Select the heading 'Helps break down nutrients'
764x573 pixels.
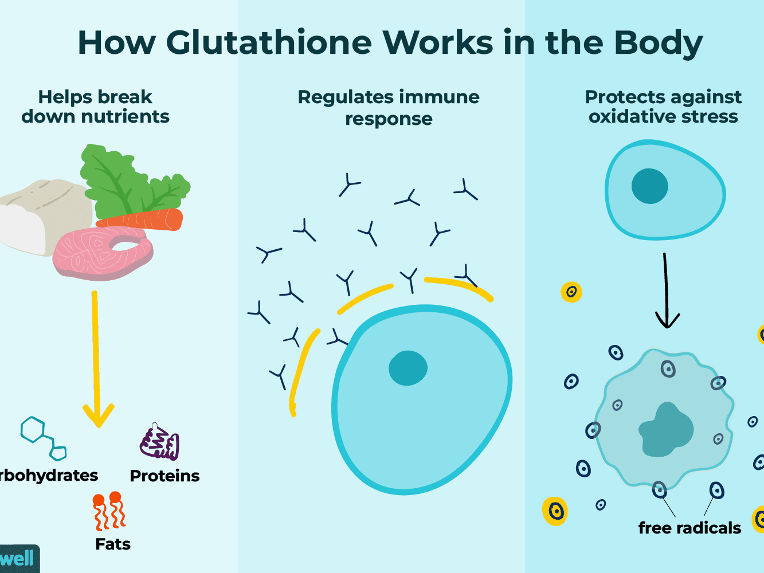pyautogui.click(x=95, y=107)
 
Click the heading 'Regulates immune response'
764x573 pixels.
pyautogui.click(x=388, y=107)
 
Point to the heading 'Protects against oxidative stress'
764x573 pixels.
pyautogui.click(x=663, y=107)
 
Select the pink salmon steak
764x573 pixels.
pyautogui.click(x=103, y=252)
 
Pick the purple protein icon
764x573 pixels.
pyautogui.click(x=160, y=444)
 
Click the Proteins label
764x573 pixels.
pyautogui.click(x=164, y=476)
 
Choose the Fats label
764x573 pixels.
pyautogui.click(x=113, y=544)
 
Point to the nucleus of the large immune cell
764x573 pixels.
pyautogui.click(x=408, y=368)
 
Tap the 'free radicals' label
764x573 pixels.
pyautogui.click(x=689, y=528)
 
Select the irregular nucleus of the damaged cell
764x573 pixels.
pyautogui.click(x=666, y=430)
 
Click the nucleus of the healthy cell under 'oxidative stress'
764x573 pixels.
pyautogui.click(x=649, y=186)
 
